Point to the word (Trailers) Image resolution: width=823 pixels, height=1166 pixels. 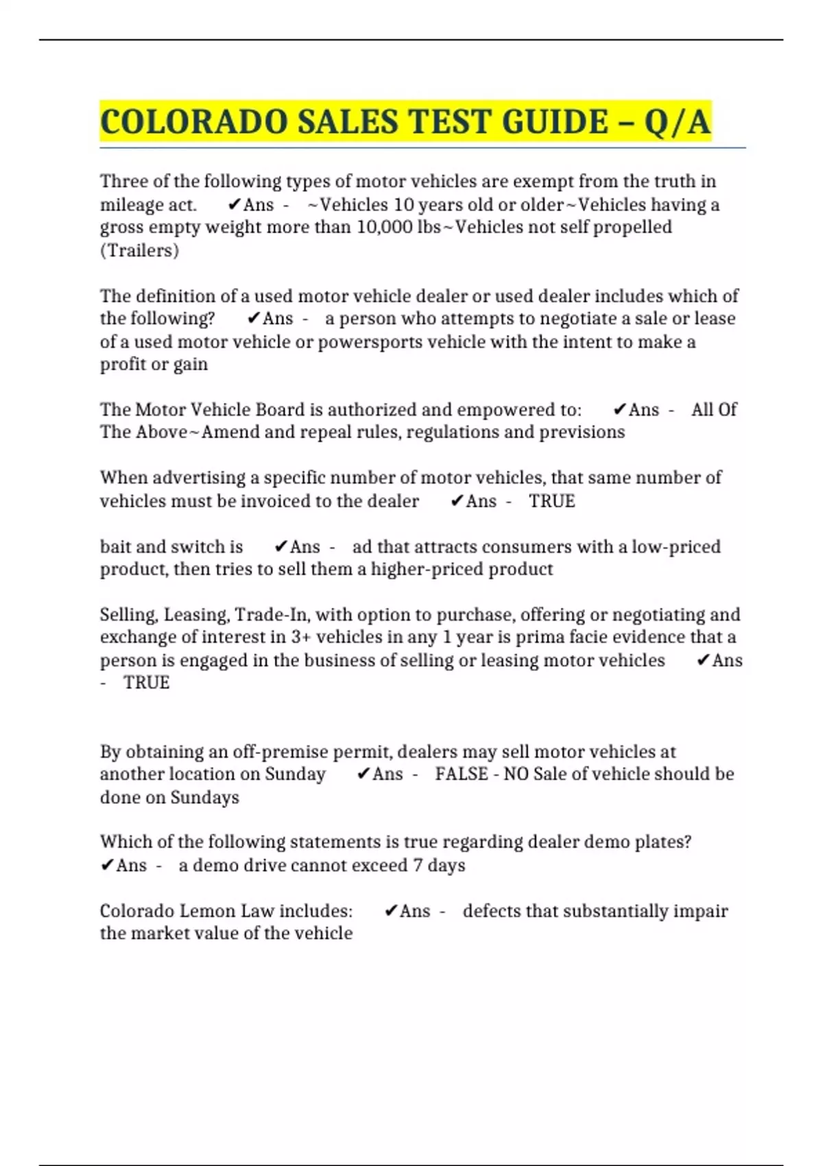click(139, 250)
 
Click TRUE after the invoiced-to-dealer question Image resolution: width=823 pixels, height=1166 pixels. click(551, 501)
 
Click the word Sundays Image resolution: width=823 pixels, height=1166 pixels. click(204, 797)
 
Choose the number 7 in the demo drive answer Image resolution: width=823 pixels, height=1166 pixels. click(418, 866)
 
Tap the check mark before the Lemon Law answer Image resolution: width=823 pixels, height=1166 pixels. click(390, 911)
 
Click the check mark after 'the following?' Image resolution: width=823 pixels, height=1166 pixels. click(253, 318)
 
